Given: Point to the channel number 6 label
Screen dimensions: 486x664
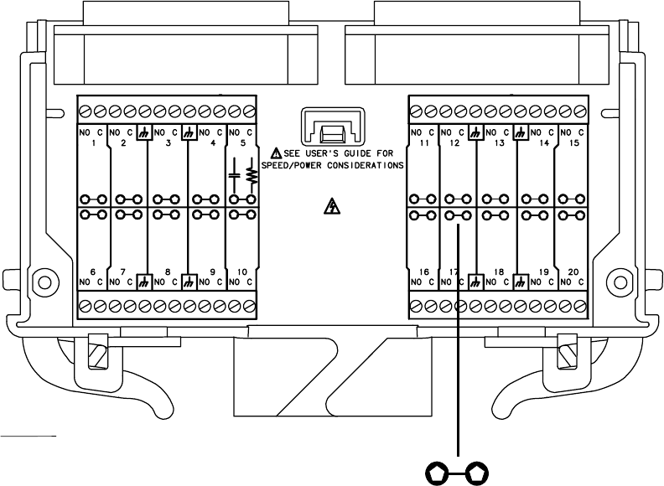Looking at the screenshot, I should coord(91,271).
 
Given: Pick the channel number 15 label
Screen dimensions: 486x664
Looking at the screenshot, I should coord(574,143).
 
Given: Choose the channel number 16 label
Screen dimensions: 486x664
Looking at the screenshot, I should coord(424,271).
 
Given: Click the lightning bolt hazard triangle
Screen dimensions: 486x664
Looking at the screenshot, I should coord(333,207).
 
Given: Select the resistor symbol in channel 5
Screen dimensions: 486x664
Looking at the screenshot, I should coord(249,175).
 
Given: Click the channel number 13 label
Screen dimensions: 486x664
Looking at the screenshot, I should coord(500,143).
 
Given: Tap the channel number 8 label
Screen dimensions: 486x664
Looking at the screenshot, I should coord(168,271).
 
